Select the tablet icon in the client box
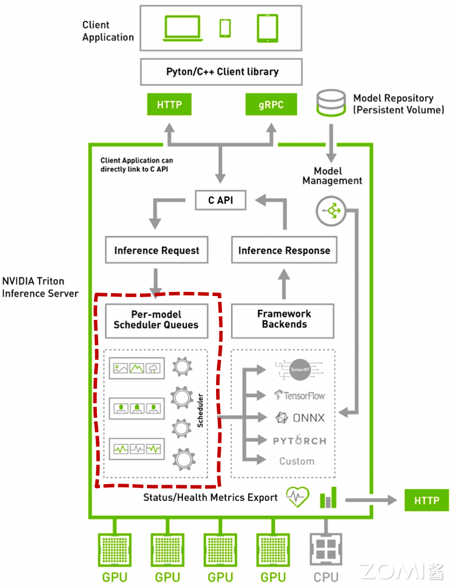click(x=267, y=27)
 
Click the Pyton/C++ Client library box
click(x=222, y=72)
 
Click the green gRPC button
click(x=271, y=105)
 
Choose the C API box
click(x=220, y=200)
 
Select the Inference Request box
click(x=156, y=250)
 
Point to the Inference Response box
click(x=284, y=250)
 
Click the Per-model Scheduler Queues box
click(x=156, y=320)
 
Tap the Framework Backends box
click(x=283, y=319)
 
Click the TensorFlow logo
click(x=300, y=395)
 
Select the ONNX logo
click(x=300, y=417)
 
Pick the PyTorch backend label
click(x=300, y=441)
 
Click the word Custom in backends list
click(x=297, y=461)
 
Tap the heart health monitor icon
click(x=298, y=497)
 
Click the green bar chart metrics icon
click(x=328, y=498)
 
